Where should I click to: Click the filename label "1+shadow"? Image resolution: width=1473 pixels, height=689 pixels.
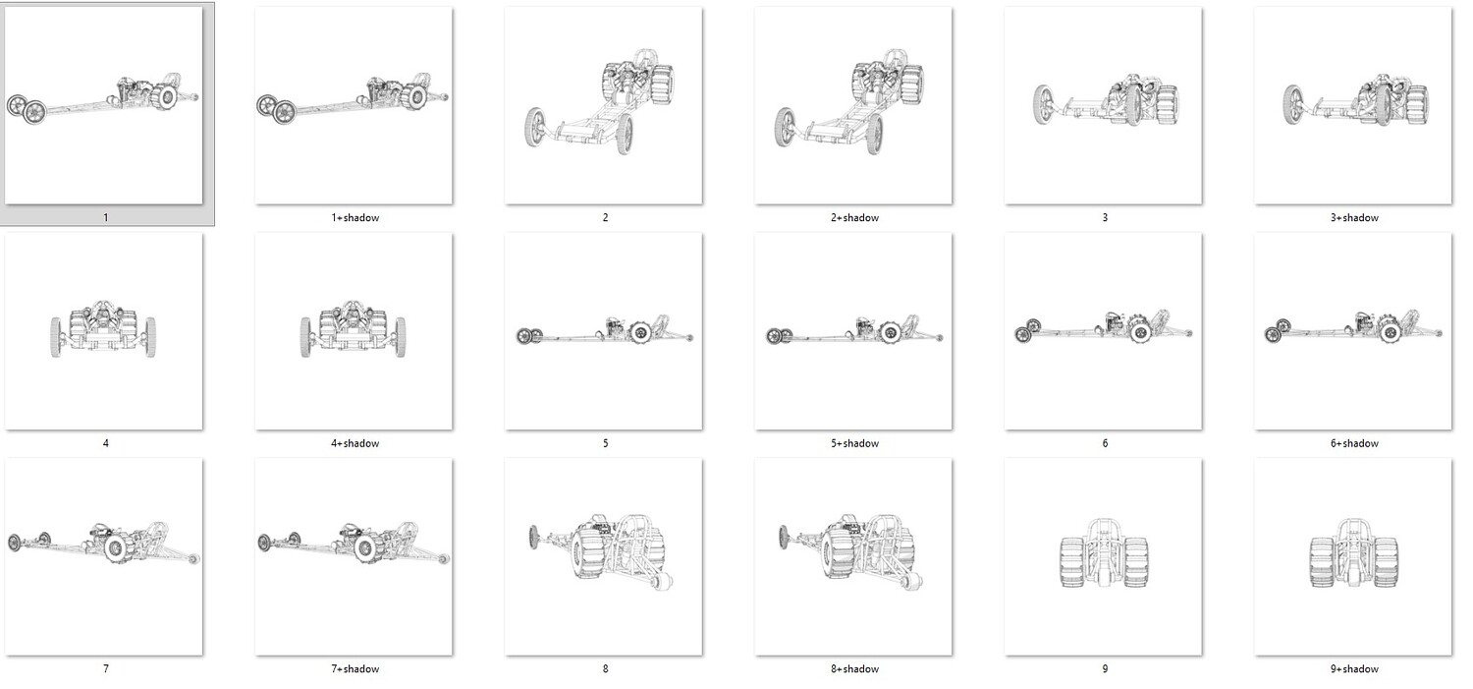[355, 218]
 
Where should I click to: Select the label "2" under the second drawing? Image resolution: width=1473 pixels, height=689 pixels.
[605, 218]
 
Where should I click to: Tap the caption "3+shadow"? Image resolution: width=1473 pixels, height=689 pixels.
[1354, 218]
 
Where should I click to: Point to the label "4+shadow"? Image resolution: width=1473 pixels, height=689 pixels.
[355, 443]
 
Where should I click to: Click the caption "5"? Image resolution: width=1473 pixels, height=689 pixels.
[605, 443]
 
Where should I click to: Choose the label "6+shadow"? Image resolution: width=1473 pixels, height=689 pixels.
[1354, 443]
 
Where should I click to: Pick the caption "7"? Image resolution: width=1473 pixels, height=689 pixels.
[105, 669]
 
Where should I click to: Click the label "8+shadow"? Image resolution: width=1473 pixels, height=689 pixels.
[855, 669]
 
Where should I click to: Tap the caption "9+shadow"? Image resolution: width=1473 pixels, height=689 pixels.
[1354, 669]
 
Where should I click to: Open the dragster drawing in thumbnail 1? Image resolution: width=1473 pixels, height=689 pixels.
[102, 98]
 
